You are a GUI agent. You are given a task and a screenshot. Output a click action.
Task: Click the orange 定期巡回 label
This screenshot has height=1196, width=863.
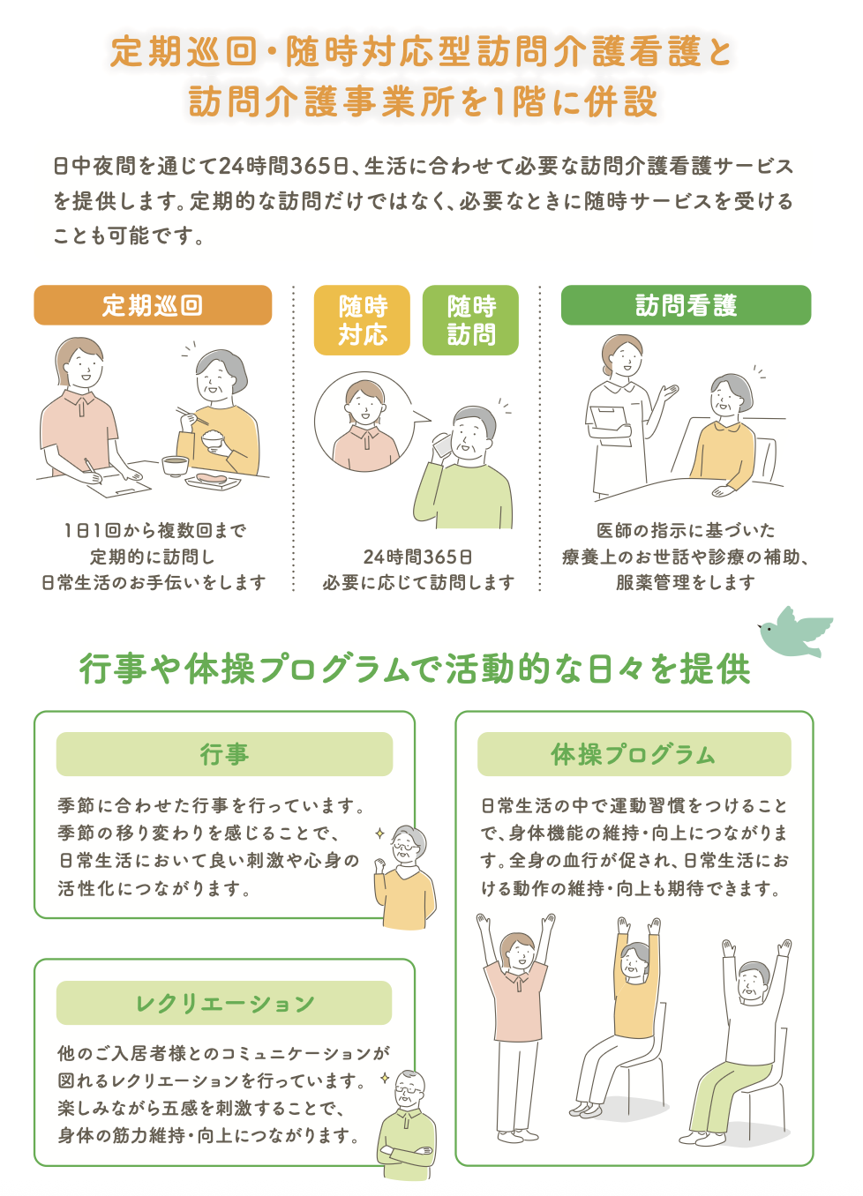[x=153, y=305]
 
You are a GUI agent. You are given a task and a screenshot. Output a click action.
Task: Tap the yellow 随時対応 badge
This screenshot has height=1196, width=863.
[x=362, y=320]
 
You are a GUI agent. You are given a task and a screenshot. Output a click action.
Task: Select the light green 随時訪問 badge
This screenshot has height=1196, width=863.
[x=470, y=320]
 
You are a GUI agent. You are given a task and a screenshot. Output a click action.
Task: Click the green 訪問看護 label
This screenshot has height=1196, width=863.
[x=686, y=305]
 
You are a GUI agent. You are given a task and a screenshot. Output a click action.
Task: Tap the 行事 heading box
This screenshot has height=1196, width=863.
[x=224, y=754]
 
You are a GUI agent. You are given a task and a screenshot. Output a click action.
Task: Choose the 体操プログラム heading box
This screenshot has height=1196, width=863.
[x=634, y=754]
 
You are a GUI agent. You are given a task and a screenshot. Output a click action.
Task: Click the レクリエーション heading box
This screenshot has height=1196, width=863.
[x=224, y=1003]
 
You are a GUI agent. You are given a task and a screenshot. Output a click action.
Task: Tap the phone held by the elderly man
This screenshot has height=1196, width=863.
[x=441, y=445]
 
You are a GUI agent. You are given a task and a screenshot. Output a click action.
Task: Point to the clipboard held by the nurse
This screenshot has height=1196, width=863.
[x=608, y=420]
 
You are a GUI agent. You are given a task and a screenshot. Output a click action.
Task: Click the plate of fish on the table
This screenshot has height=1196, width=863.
[x=213, y=481]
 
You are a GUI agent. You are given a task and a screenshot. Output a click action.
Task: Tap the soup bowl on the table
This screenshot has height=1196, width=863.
[x=175, y=464]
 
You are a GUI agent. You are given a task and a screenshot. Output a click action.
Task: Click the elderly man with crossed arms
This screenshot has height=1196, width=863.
[x=408, y=1125]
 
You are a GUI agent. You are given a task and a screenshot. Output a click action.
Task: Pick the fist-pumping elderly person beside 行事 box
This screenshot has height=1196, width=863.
[x=405, y=878]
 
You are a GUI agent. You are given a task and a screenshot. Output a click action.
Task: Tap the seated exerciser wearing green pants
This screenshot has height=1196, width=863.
[x=746, y=1041]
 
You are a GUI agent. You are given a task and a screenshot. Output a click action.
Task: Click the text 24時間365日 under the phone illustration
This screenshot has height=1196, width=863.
[x=417, y=557]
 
